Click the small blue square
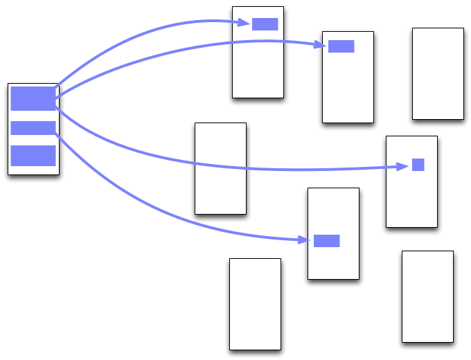418,165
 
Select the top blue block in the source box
33,99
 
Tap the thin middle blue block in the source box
33,128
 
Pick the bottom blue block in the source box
33,156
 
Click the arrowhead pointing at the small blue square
402,166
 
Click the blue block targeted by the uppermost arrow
265,24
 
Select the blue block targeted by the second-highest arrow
341,46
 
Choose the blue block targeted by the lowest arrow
326,241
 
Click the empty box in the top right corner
437,73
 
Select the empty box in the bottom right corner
427,296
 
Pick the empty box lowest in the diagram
255,304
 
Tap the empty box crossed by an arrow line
220,187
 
